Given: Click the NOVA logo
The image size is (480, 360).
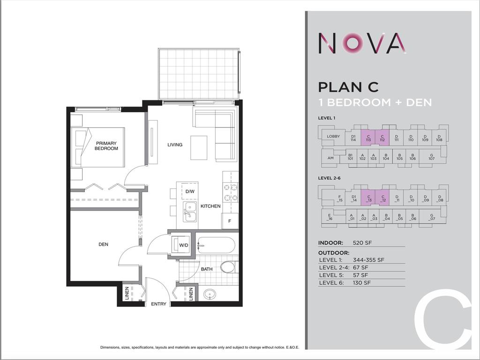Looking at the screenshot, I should coord(362,43).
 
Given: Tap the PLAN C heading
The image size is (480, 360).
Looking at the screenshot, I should coord(348,87).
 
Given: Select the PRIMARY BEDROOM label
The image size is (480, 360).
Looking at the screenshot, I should coord(106,146).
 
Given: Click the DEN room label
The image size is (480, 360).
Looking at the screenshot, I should coord(104,244).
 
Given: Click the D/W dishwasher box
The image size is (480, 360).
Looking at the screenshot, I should coord(189,191).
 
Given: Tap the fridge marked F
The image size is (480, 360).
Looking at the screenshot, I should coord(230,221).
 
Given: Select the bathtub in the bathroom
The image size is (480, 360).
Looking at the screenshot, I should coord(216,245).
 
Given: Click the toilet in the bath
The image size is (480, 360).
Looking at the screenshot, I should coord(227,268).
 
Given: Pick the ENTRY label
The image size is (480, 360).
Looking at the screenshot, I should coord(158,304).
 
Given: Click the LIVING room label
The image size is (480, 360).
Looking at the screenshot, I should coord(175,144).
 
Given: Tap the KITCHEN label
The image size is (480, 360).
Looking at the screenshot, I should coord(210,206).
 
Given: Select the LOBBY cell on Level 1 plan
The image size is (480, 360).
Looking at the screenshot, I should coord(333,136).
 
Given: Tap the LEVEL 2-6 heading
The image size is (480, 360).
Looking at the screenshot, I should coord(330,178).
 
